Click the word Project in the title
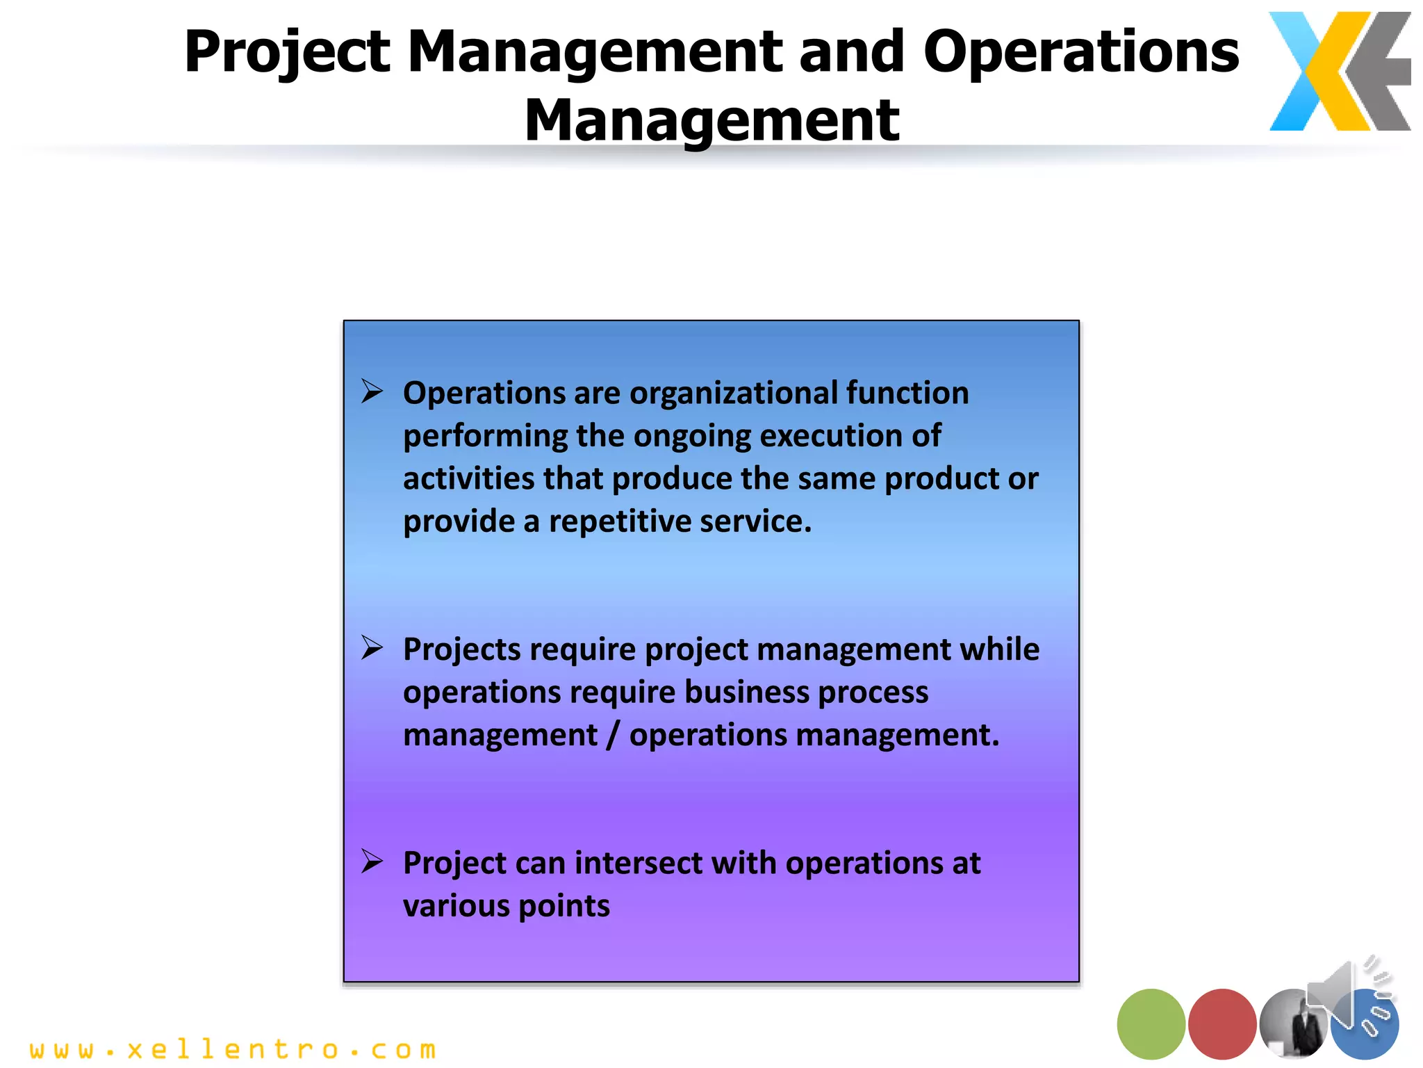[287, 53]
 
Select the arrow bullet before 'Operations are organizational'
[372, 391]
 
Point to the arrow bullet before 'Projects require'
[372, 648]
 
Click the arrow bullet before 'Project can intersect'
[372, 862]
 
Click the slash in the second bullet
[612, 736]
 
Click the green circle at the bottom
[1151, 1023]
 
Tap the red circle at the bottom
[1222, 1023]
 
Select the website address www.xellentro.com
[233, 1049]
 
